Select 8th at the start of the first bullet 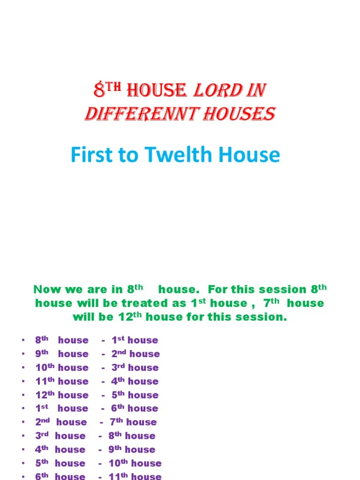[42, 340]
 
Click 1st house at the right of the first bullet [135, 340]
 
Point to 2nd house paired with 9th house [135, 354]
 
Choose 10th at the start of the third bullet [45, 367]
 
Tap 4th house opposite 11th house [135, 381]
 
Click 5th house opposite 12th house [135, 395]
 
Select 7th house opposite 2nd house [133, 422]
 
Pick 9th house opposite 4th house [132, 450]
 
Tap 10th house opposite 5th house [135, 463]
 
